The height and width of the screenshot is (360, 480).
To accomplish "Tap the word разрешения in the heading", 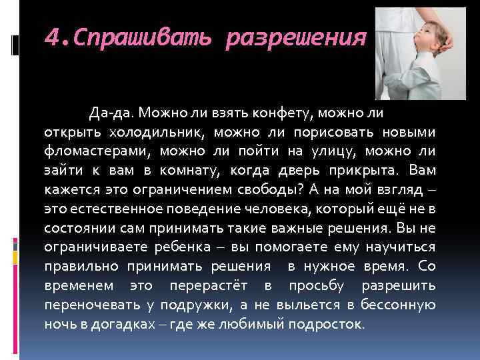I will pos(296,39).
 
